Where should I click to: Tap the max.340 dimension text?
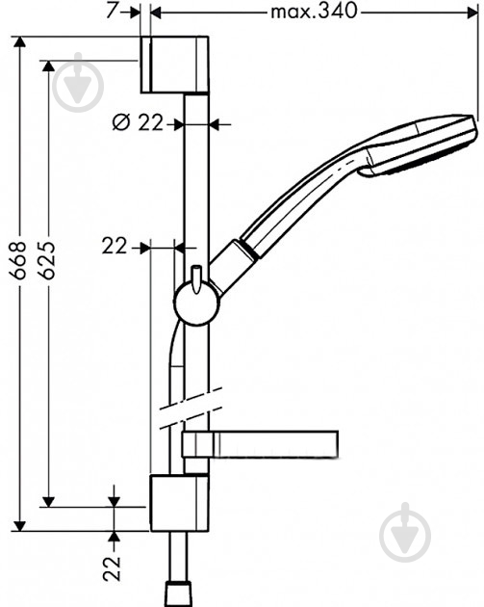[314, 12]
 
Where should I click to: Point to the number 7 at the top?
[113, 11]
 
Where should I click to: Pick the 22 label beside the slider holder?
[115, 247]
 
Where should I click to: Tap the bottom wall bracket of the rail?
[179, 502]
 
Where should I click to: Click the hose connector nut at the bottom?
[179, 594]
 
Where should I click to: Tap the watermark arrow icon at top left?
[80, 84]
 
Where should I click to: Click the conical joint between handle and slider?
[233, 265]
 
